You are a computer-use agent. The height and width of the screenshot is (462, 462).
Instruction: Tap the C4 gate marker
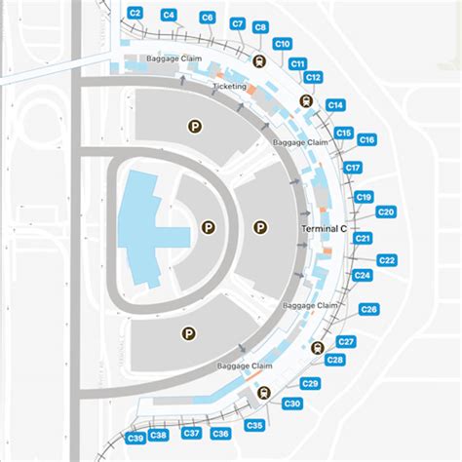pyautogui.click(x=169, y=15)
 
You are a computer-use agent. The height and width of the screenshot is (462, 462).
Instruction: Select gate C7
pyautogui.click(x=238, y=22)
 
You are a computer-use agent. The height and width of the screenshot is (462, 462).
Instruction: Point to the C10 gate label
pyautogui.click(x=283, y=44)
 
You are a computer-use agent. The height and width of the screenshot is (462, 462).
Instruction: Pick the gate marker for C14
pyautogui.click(x=335, y=104)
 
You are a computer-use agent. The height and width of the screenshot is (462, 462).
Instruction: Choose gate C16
pyautogui.click(x=366, y=140)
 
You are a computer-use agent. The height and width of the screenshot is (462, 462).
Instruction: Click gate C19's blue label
pyautogui.click(x=364, y=197)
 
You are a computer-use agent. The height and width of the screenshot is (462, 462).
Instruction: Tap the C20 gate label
pyautogui.click(x=386, y=212)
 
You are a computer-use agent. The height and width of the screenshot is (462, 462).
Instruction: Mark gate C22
pyautogui.click(x=387, y=260)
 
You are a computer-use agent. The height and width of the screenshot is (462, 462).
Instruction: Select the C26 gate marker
pyautogui.click(x=369, y=309)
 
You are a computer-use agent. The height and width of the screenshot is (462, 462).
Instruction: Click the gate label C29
pyautogui.click(x=311, y=383)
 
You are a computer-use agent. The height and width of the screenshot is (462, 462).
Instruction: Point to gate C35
pyautogui.click(x=254, y=426)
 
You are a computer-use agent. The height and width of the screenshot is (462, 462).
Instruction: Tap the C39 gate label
pyautogui.click(x=135, y=438)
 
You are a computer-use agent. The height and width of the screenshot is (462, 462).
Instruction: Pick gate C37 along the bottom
pyautogui.click(x=192, y=433)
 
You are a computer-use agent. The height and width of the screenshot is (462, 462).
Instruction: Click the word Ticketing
pyautogui.click(x=230, y=87)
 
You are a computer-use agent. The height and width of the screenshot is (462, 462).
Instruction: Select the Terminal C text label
pyautogui.click(x=324, y=229)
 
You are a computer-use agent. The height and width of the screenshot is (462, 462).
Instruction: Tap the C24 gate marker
pyautogui.click(x=363, y=276)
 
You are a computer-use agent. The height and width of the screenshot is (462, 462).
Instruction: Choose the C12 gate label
pyautogui.click(x=313, y=77)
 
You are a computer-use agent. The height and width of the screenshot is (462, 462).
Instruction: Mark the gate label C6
pyautogui.click(x=207, y=18)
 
